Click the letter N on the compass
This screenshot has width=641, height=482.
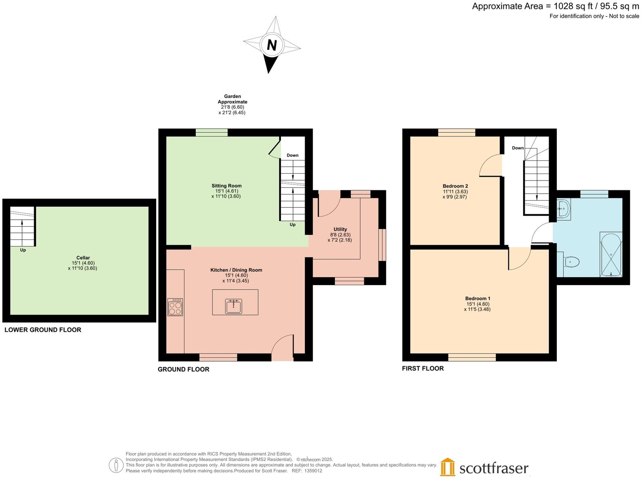click(272, 45)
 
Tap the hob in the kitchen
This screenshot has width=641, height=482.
click(175, 307)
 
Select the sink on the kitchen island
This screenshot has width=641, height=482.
click(233, 306)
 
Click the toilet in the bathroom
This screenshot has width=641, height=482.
click(571, 262)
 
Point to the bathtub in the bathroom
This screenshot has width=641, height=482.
click(611, 254)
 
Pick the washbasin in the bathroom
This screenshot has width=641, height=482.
click(563, 209)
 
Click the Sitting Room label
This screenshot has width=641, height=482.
click(226, 186)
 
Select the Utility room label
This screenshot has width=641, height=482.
click(340, 229)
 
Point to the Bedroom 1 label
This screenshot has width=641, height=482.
click(477, 299)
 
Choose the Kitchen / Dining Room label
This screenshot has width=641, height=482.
click(236, 270)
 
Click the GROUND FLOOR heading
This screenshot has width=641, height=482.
click(184, 369)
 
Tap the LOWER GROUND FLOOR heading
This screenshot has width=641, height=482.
click(43, 330)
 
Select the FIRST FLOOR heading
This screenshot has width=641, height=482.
click(423, 368)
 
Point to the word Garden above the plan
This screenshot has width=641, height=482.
click(232, 96)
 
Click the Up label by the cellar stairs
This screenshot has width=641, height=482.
click(23, 250)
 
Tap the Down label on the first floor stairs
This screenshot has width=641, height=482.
click(518, 148)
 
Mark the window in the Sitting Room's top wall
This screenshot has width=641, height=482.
click(211, 132)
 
